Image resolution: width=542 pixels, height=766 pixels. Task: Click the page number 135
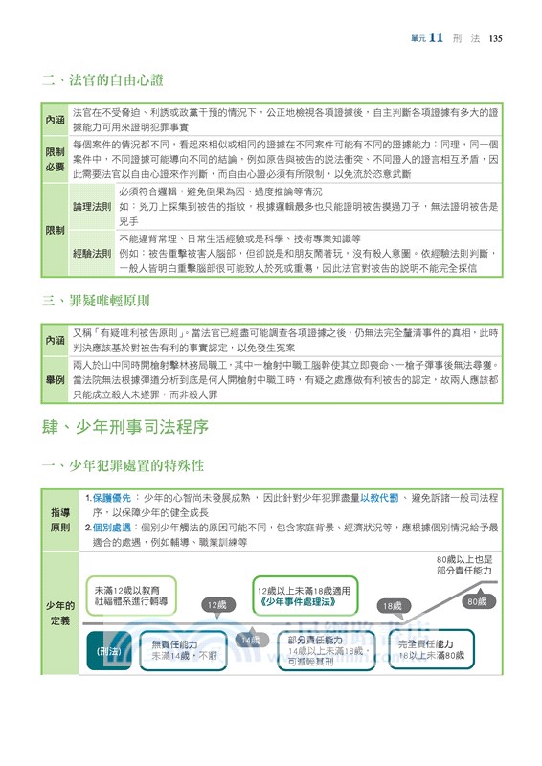click(x=495, y=39)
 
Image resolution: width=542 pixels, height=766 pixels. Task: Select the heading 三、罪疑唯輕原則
click(x=102, y=302)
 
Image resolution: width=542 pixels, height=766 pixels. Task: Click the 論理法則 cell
click(x=92, y=207)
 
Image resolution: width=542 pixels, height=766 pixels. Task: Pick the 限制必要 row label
click(x=56, y=159)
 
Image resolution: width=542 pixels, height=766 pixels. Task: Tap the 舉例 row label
click(x=56, y=380)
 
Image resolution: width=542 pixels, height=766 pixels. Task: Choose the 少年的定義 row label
click(x=60, y=613)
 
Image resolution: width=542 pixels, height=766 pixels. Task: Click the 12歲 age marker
click(x=215, y=605)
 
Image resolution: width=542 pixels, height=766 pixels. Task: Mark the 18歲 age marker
click(x=392, y=606)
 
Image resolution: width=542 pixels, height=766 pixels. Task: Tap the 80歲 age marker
click(x=476, y=601)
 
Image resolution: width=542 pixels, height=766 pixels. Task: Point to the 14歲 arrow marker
click(x=250, y=640)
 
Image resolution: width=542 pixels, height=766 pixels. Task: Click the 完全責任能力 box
click(x=430, y=649)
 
